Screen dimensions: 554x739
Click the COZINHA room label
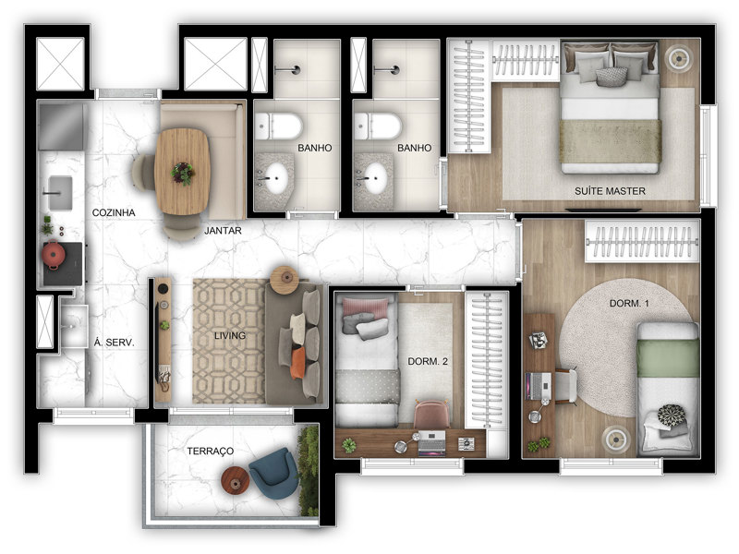tap(114, 212)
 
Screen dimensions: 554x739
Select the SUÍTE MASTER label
tap(609, 191)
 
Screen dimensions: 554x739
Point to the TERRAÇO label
tap(211, 450)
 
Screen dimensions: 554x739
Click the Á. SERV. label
tap(115, 342)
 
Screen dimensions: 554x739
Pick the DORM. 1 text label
tap(630, 303)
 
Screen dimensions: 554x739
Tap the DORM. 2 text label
tap(428, 361)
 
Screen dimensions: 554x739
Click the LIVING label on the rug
tap(229, 335)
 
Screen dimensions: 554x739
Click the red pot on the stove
tap(54, 253)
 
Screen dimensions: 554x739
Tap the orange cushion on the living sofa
tap(298, 362)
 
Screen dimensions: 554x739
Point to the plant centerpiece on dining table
tap(183, 172)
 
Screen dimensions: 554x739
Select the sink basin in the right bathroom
tap(375, 178)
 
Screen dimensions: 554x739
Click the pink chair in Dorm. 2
tap(430, 416)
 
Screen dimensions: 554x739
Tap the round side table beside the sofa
tap(284, 277)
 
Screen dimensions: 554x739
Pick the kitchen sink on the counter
tap(58, 192)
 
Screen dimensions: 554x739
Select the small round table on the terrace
tap(234, 478)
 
